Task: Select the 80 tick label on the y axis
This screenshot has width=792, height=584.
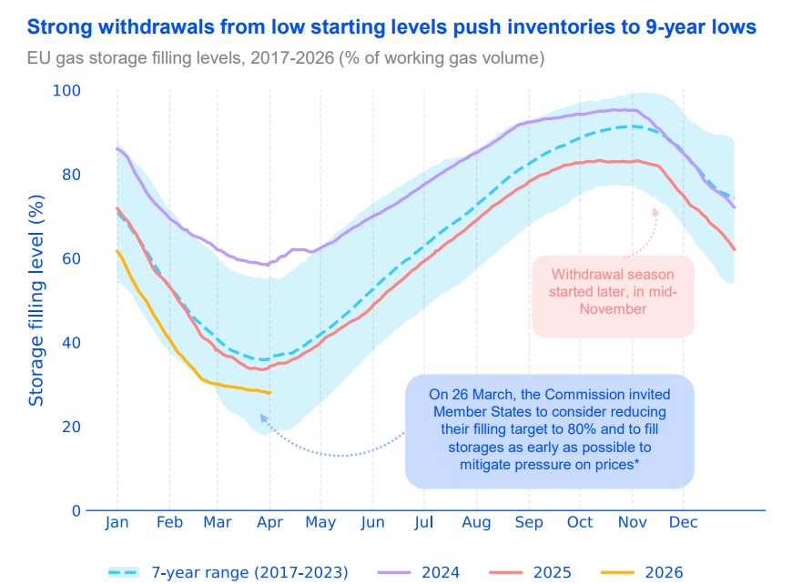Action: click(x=71, y=175)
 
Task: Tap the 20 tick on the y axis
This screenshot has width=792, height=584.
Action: click(x=71, y=427)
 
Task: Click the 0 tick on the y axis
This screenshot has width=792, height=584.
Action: click(x=76, y=510)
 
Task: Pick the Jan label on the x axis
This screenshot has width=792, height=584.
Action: click(x=117, y=522)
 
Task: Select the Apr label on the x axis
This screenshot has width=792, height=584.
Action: click(x=269, y=522)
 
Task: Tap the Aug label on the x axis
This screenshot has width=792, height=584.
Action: click(x=476, y=522)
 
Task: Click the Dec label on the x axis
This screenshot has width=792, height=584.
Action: click(x=683, y=522)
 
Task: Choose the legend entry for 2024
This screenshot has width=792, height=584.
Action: click(x=440, y=572)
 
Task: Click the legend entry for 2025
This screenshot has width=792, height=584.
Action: click(x=551, y=572)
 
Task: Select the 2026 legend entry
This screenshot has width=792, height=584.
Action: click(x=663, y=572)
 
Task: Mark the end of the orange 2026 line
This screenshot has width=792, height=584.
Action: click(x=269, y=393)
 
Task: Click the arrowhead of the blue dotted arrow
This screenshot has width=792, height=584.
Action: click(x=262, y=418)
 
